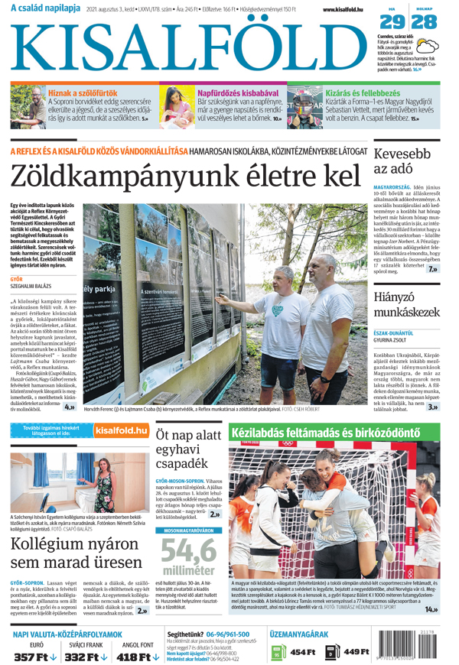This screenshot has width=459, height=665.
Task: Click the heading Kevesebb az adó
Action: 403,161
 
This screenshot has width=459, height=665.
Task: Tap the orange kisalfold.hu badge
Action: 120,431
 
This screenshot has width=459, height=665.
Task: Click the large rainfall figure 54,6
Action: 187,551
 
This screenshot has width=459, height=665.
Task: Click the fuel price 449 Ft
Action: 356,651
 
